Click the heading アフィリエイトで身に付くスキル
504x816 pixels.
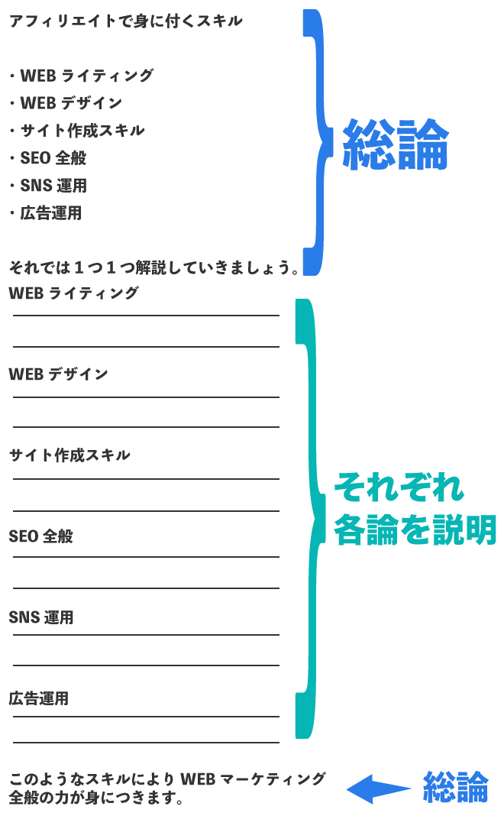[x=125, y=21]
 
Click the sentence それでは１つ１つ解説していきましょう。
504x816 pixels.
[x=153, y=267]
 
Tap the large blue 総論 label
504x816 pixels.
[x=395, y=144]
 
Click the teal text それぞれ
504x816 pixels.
[x=399, y=486]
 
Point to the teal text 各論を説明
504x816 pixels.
[x=415, y=529]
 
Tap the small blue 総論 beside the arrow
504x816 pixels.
[x=455, y=787]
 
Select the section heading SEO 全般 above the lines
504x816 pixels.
[x=41, y=536]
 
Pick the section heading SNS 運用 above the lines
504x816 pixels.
[x=41, y=617]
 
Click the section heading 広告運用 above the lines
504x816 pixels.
[x=39, y=698]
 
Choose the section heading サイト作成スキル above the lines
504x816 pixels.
[x=69, y=455]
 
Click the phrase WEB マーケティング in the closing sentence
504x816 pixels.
[x=252, y=779]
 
